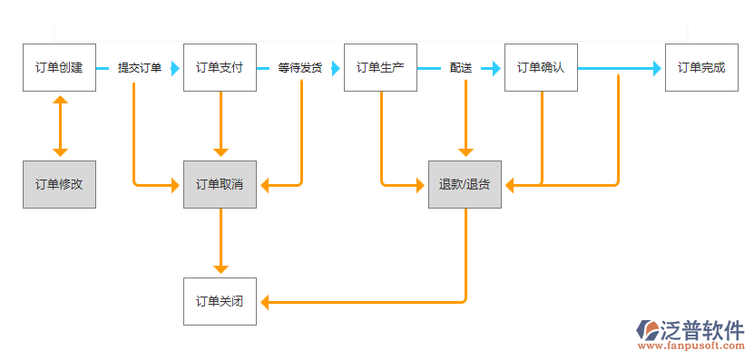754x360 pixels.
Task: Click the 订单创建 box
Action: [59, 68]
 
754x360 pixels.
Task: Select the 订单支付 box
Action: [220, 68]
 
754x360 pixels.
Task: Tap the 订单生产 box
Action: [380, 68]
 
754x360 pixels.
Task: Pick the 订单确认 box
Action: [541, 68]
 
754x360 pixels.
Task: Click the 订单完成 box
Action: [701, 68]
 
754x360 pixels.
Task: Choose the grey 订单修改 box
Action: [59, 184]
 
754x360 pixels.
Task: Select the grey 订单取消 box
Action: [220, 184]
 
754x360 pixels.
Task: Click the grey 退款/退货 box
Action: [465, 184]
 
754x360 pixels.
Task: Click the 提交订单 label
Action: [140, 68]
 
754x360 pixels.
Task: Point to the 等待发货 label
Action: [300, 68]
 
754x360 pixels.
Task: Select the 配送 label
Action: [461, 68]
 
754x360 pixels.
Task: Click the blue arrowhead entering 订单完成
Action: [658, 68]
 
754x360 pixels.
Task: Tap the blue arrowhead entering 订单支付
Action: [176, 68]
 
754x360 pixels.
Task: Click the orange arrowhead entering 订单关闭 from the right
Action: [264, 301]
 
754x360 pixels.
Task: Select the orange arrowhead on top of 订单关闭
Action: [220, 269]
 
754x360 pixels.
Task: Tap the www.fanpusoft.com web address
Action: [691, 346]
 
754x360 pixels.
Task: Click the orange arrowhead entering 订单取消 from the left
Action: [176, 185]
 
